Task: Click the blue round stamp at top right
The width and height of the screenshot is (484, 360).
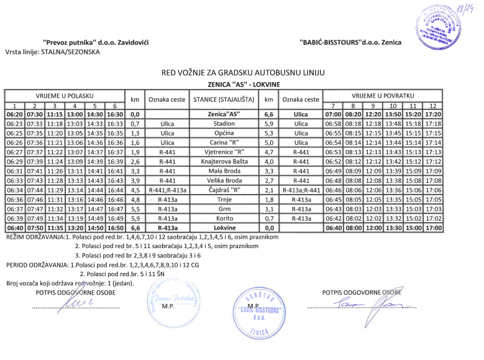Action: coord(442,25)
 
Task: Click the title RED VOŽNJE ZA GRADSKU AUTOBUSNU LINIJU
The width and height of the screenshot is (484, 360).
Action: coord(243,73)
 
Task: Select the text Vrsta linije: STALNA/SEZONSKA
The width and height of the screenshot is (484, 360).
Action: coord(52,52)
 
